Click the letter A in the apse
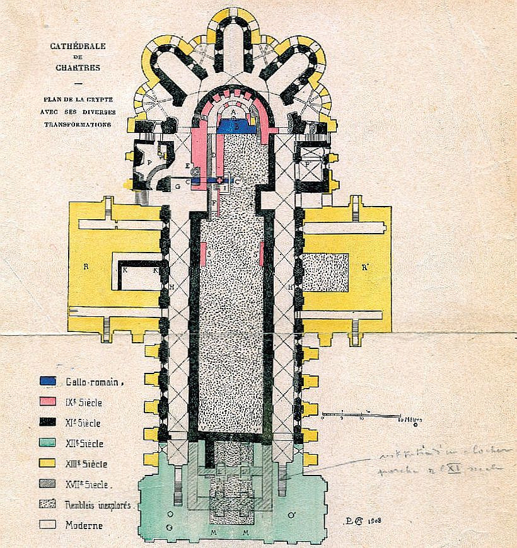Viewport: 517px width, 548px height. (233, 114)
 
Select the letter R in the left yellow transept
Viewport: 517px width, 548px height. (84, 266)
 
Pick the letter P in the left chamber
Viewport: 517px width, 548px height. (149, 162)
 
